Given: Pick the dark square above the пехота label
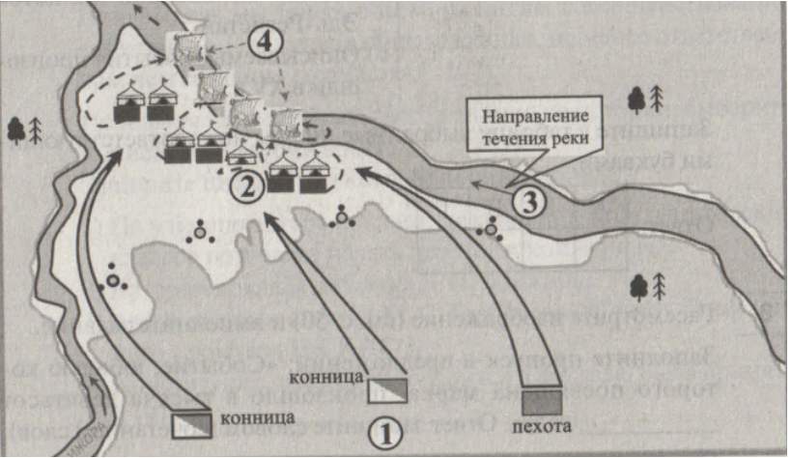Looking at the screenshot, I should pyautogui.click(x=543, y=401).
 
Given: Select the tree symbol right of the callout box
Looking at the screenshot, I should pyautogui.click(x=646, y=98).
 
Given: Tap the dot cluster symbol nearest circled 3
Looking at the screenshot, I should pyautogui.click(x=492, y=229).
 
